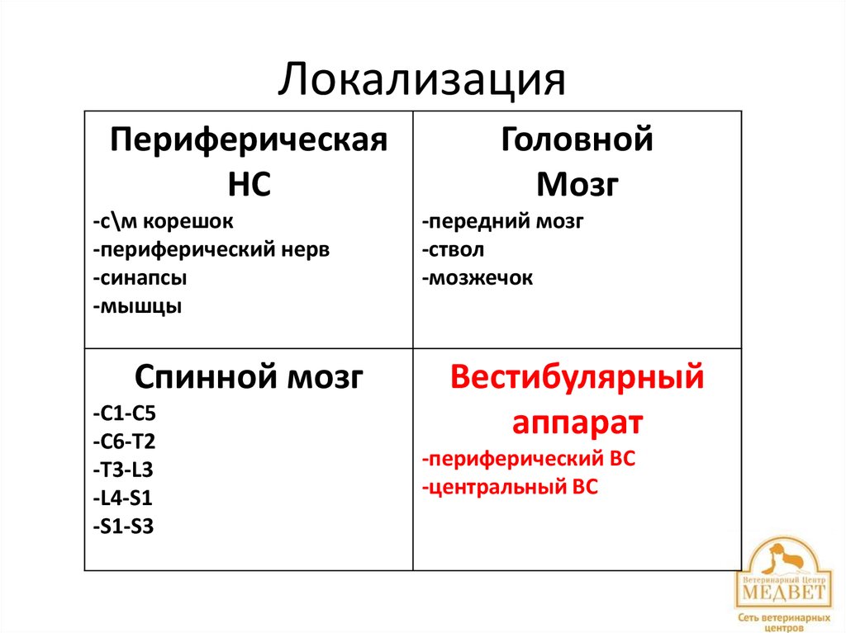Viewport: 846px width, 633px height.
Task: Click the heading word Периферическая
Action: pos(249,139)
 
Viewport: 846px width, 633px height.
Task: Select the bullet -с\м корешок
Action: pos(164,222)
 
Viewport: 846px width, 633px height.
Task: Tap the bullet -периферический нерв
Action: pos(211,250)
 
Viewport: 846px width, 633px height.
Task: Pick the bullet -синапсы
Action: pos(140,278)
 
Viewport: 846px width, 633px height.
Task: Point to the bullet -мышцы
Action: pos(137,306)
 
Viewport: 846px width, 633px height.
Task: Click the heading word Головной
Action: pos(577,139)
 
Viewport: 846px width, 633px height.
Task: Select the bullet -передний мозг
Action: pos(502,222)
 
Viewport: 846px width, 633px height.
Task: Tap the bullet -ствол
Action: pos(453,250)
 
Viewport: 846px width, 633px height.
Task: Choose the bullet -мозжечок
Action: pos(477,278)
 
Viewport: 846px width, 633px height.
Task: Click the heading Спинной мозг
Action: pos(249,378)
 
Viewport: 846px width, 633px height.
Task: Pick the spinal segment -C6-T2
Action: pos(124,441)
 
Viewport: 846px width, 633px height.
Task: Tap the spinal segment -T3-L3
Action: pos(123,469)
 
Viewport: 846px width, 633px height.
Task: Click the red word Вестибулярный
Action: pos(577,378)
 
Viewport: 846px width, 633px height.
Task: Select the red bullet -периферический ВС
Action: pos(528,460)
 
